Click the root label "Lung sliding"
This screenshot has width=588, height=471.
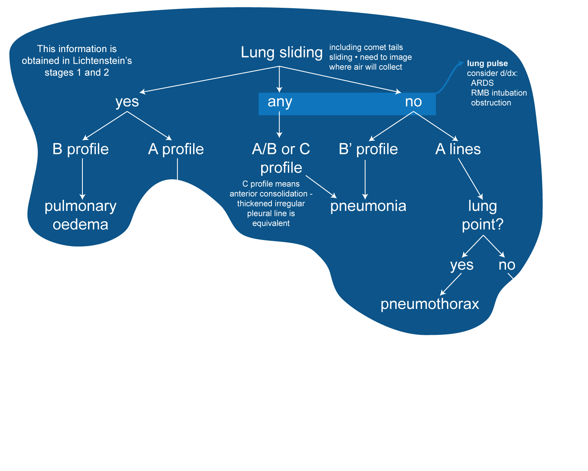[x=281, y=53]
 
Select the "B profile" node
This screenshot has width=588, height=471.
[x=80, y=149]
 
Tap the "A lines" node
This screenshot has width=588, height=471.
[x=458, y=149]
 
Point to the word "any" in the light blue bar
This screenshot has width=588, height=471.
[x=280, y=102]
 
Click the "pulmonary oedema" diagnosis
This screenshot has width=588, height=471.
[x=80, y=215]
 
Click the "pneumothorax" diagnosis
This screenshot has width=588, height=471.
[x=429, y=304]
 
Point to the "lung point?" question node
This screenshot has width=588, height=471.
[x=482, y=215]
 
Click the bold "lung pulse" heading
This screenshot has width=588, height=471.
[x=487, y=64]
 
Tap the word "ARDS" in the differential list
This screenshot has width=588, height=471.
[x=482, y=83]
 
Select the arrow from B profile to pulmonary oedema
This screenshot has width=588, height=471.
[x=82, y=178]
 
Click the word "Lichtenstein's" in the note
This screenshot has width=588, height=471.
[x=102, y=61]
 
